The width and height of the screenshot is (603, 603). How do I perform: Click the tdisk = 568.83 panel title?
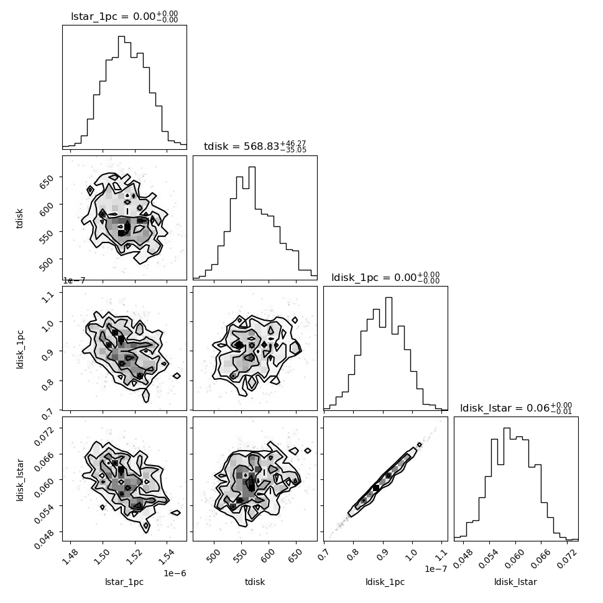(x=255, y=147)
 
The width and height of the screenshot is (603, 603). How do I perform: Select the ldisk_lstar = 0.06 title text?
(x=516, y=408)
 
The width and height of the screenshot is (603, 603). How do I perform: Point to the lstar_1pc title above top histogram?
(x=124, y=17)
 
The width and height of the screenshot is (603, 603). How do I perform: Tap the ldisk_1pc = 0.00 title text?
(x=385, y=277)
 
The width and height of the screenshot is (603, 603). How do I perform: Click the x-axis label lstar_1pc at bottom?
(x=124, y=582)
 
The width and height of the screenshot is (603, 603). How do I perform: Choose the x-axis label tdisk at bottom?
(x=255, y=582)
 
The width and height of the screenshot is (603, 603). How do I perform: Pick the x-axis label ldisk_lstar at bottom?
(x=516, y=582)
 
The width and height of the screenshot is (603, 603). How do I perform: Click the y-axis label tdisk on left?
(x=20, y=218)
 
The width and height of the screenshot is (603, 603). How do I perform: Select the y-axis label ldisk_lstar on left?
(x=20, y=480)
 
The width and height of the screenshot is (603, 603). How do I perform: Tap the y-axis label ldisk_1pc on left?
(x=20, y=349)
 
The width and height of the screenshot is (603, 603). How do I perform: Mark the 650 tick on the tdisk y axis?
(x=47, y=180)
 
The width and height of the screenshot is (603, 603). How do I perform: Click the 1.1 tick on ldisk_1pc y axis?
(x=48, y=297)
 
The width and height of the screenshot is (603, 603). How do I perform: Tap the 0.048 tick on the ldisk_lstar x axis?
(x=462, y=558)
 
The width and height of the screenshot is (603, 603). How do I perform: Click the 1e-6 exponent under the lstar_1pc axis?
(x=175, y=573)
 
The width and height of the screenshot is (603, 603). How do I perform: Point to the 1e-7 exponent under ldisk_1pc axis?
(x=436, y=569)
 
